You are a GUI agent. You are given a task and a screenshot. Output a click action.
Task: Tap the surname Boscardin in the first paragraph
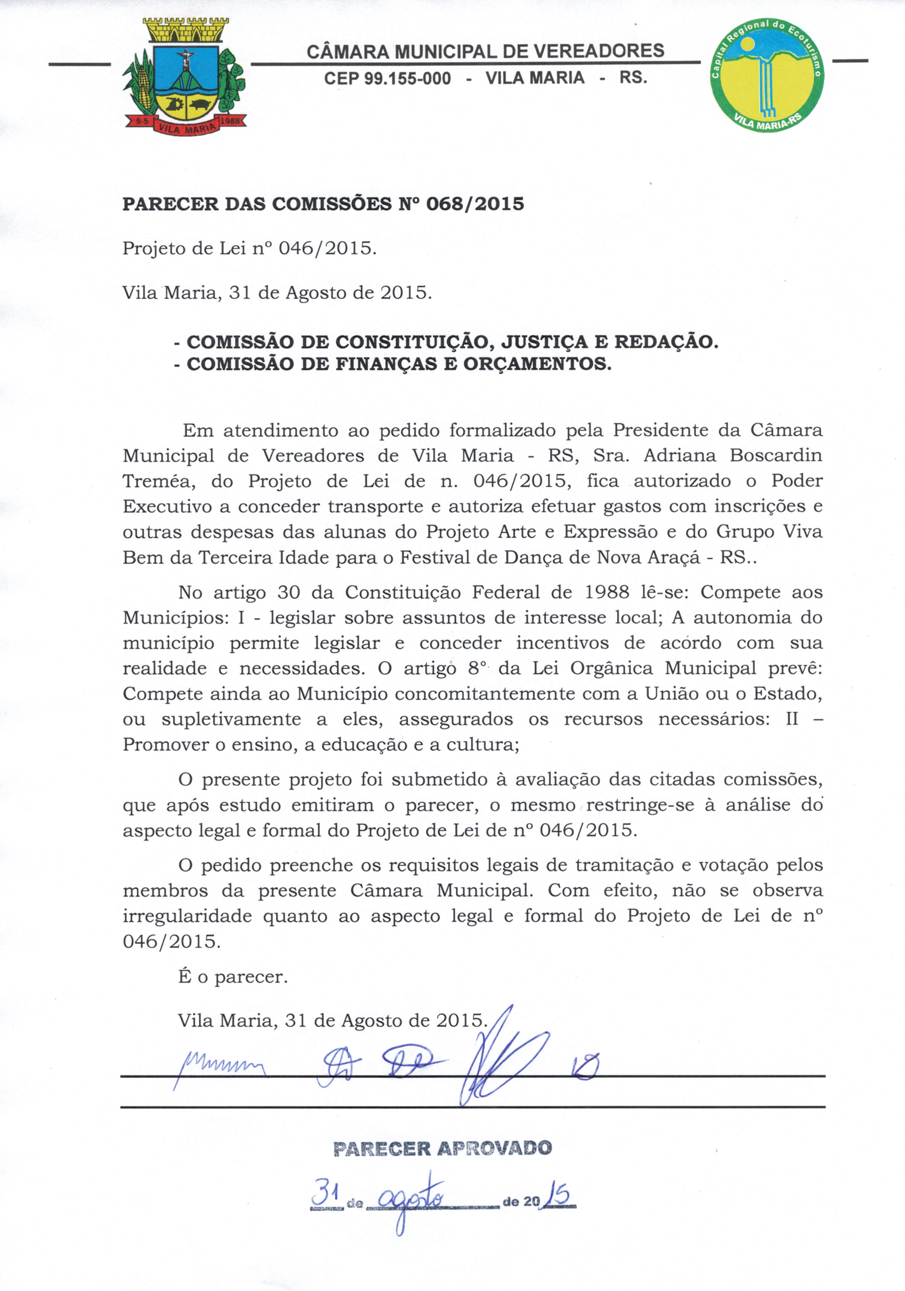[x=776, y=456]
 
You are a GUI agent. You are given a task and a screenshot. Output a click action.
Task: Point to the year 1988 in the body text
[x=606, y=592]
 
